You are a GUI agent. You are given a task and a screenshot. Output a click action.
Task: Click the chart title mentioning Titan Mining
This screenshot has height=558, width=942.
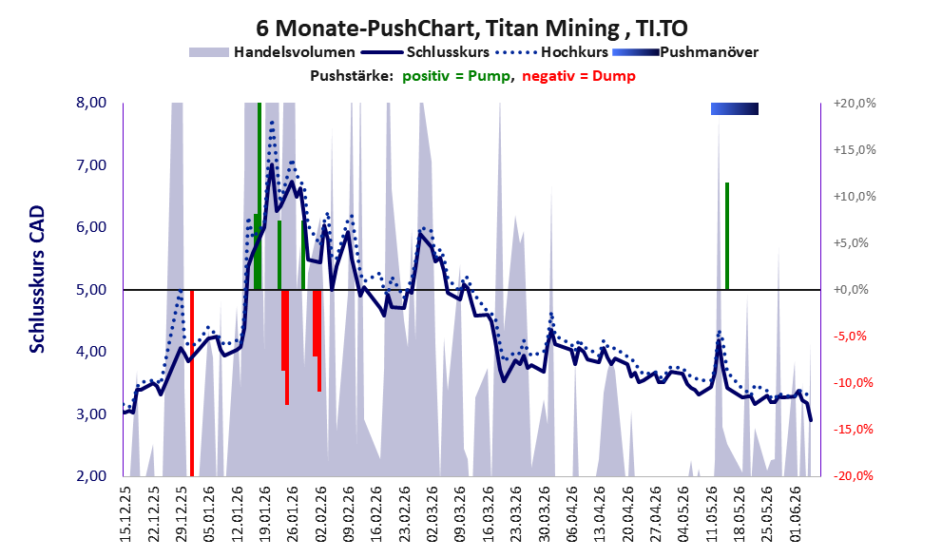pos(471,28)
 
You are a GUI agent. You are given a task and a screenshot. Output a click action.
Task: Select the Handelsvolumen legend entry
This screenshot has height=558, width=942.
pos(272,52)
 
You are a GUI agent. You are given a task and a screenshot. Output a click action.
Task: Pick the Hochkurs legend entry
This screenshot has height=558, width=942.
pos(551,52)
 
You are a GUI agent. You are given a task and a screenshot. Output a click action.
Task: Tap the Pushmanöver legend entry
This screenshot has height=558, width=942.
pos(684,52)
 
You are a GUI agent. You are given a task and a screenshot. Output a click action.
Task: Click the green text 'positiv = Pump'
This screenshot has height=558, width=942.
pos(456,76)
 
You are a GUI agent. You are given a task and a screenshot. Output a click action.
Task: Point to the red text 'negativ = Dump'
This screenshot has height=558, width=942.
pos(579,76)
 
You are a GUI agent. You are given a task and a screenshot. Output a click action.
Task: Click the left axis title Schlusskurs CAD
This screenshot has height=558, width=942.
pos(37,279)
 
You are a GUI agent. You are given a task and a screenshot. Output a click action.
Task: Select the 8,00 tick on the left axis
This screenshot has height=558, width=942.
pos(91,103)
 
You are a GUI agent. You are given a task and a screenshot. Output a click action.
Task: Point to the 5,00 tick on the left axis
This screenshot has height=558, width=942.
pos(91,290)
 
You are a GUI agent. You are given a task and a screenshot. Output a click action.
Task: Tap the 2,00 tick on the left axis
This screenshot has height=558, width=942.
pos(91,476)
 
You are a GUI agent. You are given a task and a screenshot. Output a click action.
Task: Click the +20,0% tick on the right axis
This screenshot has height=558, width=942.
pos(855,104)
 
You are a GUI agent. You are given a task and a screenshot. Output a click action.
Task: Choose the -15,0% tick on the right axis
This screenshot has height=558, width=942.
pos(853,430)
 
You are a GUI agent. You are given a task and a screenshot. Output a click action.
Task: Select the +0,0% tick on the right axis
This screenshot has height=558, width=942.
pos(851,290)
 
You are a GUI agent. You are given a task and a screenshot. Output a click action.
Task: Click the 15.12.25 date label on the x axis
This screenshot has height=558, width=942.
pos(125,514)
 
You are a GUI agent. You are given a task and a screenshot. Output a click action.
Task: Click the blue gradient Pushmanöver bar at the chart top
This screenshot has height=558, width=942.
pos(734,108)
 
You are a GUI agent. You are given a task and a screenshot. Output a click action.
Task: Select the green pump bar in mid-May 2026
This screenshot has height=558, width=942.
pos(727,236)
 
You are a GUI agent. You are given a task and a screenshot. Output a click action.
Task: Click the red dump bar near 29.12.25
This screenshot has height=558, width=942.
pos(192,383)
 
